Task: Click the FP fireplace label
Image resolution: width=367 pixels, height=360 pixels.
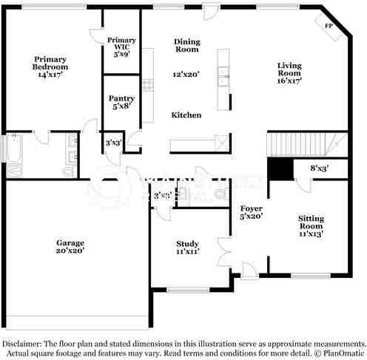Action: pos(329,24)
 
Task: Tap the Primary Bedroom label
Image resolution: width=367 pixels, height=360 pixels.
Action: pos(50,67)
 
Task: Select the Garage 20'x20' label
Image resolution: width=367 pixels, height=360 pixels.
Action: pos(71,247)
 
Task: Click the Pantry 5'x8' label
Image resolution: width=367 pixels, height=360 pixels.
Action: pos(121,102)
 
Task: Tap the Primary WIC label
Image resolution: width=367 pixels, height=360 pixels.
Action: pos(121,46)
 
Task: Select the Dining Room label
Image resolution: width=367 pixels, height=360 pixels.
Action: pos(186,46)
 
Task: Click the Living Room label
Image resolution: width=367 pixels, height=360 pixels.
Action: pos(289,69)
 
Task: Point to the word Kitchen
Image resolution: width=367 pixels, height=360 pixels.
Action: pos(186,115)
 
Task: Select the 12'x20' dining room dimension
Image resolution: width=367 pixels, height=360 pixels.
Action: pos(186,75)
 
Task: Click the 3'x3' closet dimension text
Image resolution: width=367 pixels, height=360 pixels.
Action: pos(113,143)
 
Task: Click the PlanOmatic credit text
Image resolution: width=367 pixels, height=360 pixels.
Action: pos(340,354)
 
